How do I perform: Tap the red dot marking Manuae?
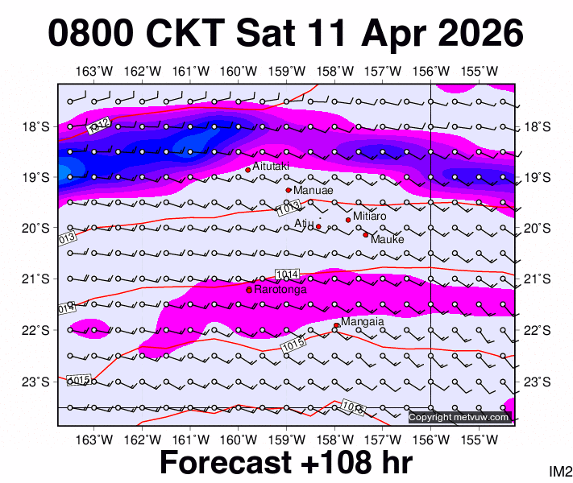point(289,190)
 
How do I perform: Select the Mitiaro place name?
point(370,217)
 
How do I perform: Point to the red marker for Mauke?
point(365,235)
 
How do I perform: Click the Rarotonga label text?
point(280,289)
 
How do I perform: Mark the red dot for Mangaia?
point(336,325)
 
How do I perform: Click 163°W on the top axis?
point(98,72)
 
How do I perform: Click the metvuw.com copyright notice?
point(459,417)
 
